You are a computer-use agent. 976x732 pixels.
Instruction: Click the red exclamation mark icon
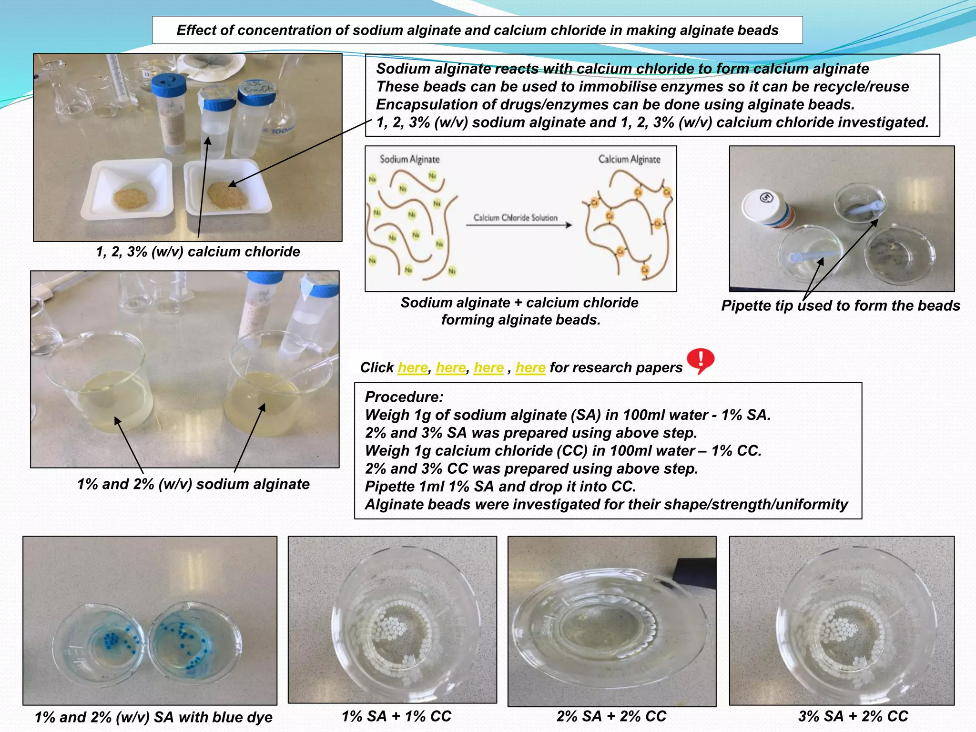[700, 360]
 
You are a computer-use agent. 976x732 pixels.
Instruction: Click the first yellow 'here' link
[413, 367]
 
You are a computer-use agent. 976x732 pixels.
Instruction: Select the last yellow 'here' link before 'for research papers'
[530, 367]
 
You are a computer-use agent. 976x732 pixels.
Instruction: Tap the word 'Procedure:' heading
[404, 397]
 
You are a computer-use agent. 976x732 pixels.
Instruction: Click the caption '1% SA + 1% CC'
[396, 716]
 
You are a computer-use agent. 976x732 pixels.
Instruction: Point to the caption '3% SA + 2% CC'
[853, 716]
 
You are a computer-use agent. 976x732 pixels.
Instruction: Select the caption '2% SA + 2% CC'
[611, 716]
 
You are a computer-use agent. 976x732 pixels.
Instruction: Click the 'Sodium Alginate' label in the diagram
[409, 159]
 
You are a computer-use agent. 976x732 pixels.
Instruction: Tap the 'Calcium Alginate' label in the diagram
[629, 159]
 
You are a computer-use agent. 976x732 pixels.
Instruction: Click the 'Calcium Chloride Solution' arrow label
[515, 218]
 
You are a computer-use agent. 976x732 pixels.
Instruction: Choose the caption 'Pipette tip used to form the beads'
[841, 305]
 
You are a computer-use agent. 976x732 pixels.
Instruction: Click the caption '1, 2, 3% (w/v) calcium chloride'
[198, 251]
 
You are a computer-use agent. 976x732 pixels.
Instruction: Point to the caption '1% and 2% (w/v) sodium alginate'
[193, 484]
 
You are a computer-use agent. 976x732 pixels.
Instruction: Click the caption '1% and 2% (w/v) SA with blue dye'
[153, 717]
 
